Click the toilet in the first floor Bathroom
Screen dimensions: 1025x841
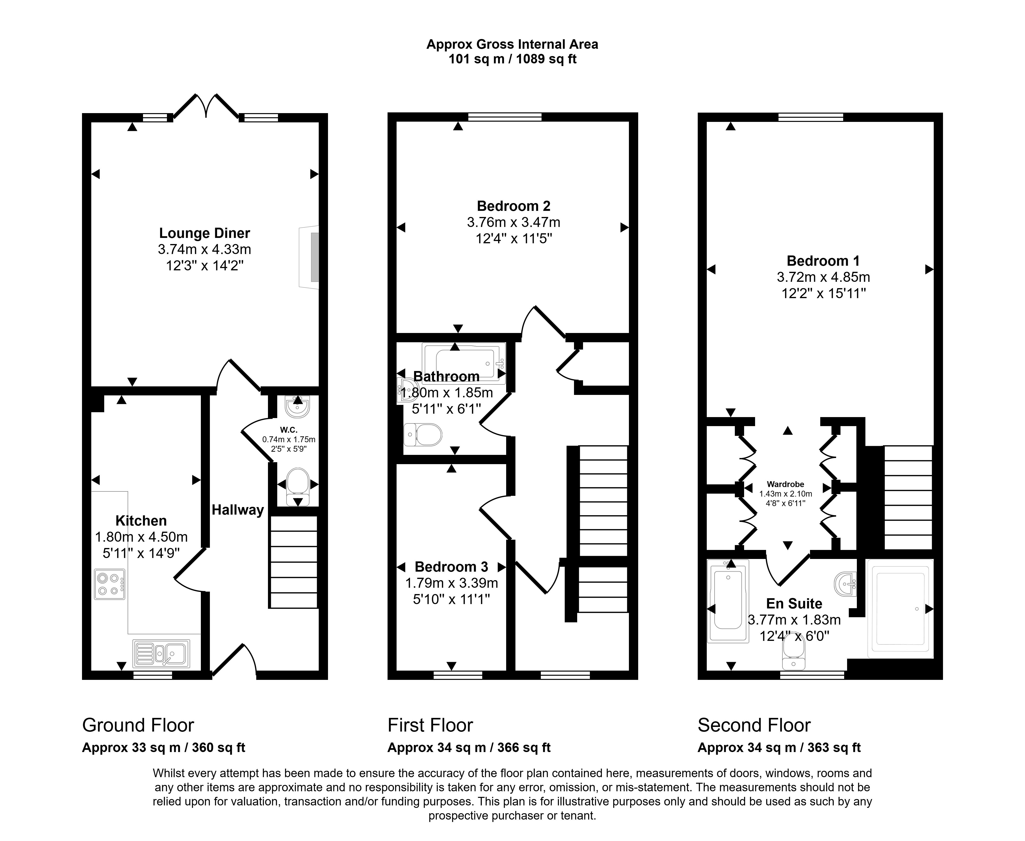tap(423, 435)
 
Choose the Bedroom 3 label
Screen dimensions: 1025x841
tap(451, 567)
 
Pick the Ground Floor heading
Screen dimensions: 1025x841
tap(138, 725)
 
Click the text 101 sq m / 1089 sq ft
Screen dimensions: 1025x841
tap(512, 59)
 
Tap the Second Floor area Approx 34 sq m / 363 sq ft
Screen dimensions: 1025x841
tap(779, 747)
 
